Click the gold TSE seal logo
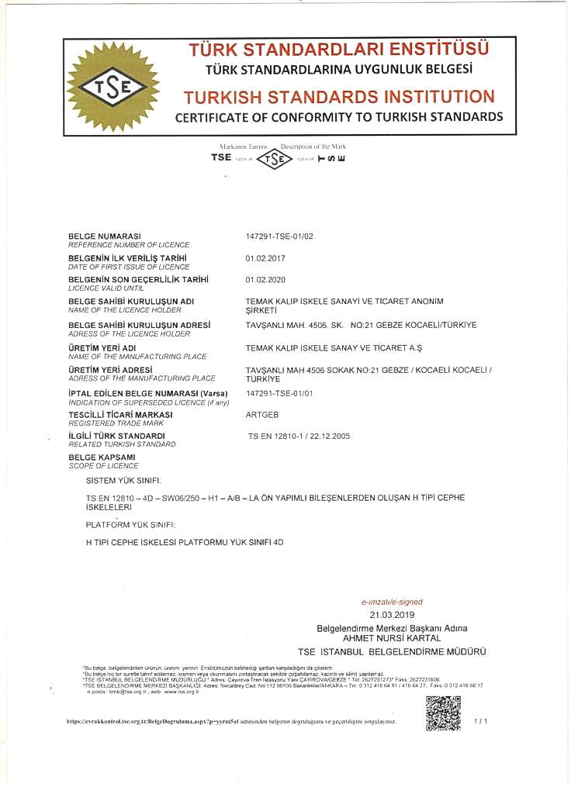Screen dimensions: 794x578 [x=113, y=87]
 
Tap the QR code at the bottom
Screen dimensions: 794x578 [x=443, y=713]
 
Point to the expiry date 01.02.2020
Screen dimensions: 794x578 [x=265, y=279]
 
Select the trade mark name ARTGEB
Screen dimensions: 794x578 [x=262, y=415]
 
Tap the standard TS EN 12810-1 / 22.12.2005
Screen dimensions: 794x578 [x=299, y=437]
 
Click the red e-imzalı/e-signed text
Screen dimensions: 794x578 [x=392, y=602]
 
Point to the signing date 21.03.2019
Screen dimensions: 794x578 [x=392, y=614]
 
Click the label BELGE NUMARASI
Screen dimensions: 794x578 [x=104, y=235]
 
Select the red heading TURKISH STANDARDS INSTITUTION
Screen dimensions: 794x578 [x=339, y=97]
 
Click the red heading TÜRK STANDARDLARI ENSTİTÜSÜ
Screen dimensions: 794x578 [x=339, y=50]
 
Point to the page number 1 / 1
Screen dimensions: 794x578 [x=481, y=721]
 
